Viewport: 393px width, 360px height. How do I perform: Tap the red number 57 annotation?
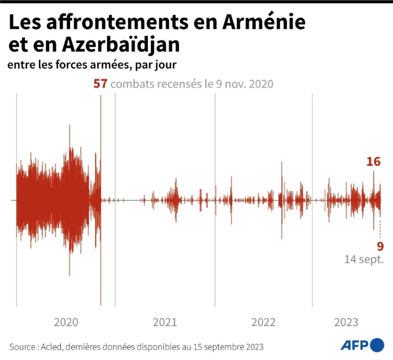coord(100,84)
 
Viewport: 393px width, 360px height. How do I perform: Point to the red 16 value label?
coord(373,162)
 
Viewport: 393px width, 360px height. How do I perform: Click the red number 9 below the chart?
coord(380,246)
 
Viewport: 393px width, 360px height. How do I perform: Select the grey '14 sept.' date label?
coord(364,259)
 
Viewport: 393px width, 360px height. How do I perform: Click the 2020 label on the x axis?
coord(66,322)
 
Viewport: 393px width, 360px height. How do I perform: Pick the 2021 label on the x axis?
coord(165,322)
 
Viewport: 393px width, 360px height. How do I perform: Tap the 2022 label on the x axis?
coord(263,322)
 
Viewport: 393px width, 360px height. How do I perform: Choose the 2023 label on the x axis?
coord(346,322)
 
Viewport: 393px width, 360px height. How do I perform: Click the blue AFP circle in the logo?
coord(377,345)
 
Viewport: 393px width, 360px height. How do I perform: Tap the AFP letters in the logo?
coord(354,346)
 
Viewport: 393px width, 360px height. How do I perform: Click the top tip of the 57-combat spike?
coord(101,96)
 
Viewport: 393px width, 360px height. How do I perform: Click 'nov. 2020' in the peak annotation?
coord(249,84)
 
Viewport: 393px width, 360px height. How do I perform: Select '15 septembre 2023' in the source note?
coord(228,347)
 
